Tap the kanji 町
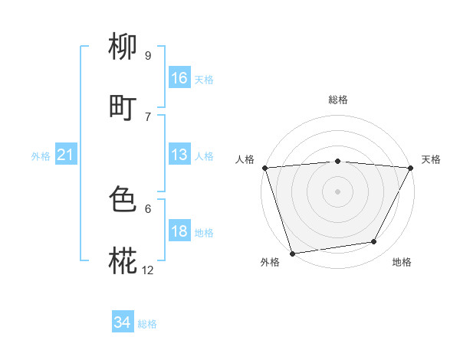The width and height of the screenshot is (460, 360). pos(123,108)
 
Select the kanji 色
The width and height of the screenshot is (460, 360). pos(123,200)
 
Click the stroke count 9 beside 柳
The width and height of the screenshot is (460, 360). pos(148,56)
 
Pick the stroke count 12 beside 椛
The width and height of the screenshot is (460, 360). pos(148,270)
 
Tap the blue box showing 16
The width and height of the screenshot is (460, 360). pos(179,78)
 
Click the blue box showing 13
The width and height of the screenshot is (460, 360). pos(179,155)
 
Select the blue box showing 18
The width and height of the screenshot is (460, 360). pos(179,231)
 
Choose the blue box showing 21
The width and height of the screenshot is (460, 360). pos(66,155)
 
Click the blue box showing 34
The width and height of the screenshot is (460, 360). pos(123,323)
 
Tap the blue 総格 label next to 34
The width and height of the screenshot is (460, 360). pos(147,324)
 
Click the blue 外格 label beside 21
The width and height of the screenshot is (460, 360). pos(41,156)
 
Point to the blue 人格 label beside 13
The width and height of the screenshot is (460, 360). pos(204,155)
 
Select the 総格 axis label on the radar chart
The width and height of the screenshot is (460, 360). pos(338,100)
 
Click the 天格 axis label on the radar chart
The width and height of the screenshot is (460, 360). pos(431,159)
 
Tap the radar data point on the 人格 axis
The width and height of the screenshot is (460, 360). pos(264,168)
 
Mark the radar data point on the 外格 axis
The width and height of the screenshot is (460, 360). pos(292,253)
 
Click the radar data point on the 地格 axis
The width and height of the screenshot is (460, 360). pos(374,242)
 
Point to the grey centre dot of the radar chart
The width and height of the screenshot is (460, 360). pos(338,191)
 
